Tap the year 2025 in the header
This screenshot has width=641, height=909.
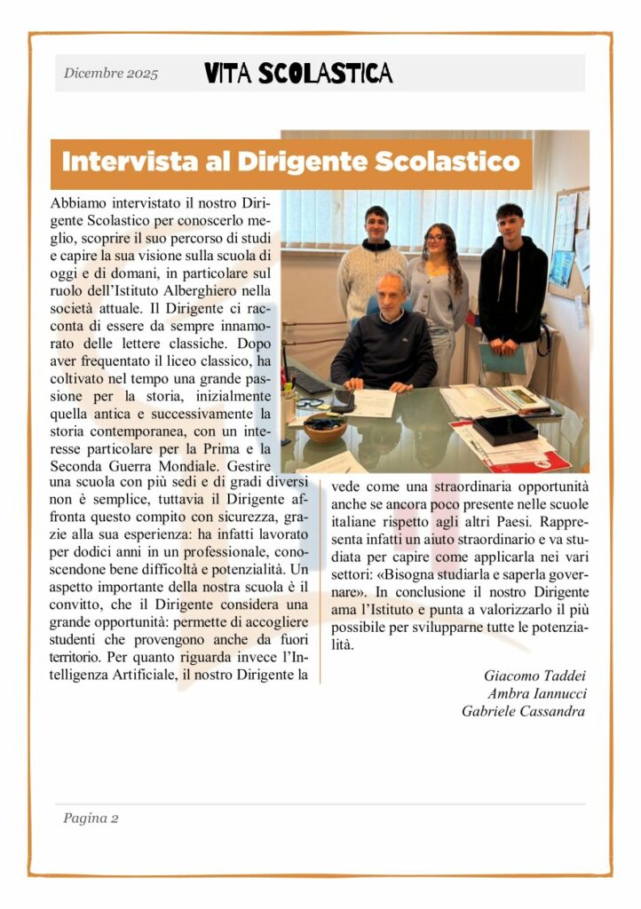click(141, 74)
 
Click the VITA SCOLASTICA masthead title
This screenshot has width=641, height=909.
click(298, 73)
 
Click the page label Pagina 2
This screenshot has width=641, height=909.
click(91, 818)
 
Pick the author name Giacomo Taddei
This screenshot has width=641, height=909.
click(534, 676)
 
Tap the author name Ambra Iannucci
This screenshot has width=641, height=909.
click(536, 693)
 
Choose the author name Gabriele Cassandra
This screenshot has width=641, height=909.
click(523, 711)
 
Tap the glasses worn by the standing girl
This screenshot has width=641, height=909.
click(435, 238)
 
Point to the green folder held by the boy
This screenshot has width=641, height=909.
click(502, 359)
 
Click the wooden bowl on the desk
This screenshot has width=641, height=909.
click(325, 427)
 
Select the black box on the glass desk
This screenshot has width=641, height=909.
click(503, 430)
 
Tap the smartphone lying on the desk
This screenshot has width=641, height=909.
click(342, 401)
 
